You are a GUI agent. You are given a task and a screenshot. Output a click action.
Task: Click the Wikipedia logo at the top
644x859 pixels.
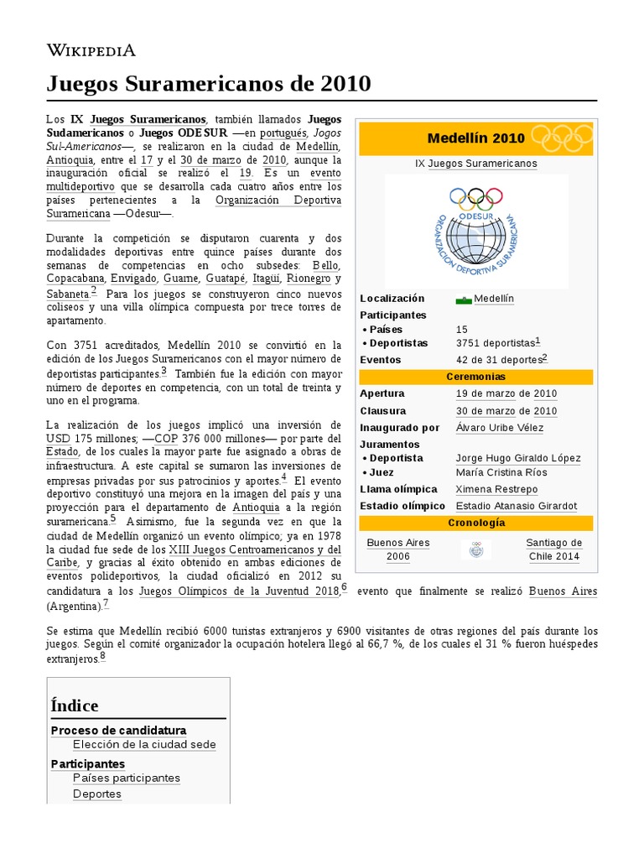pyautogui.click(x=91, y=50)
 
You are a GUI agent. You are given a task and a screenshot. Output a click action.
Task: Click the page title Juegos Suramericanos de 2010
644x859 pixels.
pyautogui.click(x=208, y=84)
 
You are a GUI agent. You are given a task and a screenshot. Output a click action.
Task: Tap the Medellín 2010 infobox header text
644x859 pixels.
pyautogui.click(x=475, y=138)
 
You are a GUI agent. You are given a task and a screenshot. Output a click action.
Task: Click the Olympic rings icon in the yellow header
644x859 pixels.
pyautogui.click(x=562, y=137)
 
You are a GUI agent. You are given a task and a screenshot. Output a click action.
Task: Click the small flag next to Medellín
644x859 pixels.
pyautogui.click(x=464, y=299)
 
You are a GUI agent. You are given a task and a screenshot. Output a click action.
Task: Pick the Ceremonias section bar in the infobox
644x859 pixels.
pyautogui.click(x=475, y=377)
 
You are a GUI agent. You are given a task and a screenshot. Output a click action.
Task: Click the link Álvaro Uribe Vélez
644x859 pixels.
pyautogui.click(x=499, y=428)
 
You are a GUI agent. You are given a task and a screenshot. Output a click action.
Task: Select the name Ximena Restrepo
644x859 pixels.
pyautogui.click(x=496, y=489)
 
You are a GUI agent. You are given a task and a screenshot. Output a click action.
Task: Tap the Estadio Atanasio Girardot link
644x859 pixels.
pyautogui.click(x=516, y=506)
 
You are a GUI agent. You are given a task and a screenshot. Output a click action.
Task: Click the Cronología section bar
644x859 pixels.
pyautogui.click(x=475, y=523)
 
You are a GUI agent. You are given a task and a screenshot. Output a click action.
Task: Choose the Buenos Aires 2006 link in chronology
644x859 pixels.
pyautogui.click(x=398, y=549)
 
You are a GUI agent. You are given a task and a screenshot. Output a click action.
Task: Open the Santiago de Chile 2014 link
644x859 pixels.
pyautogui.click(x=553, y=549)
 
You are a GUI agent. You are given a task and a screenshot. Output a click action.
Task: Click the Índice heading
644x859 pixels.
pyautogui.click(x=75, y=705)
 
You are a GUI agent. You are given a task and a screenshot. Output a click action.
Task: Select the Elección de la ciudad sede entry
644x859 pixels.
pyautogui.click(x=144, y=744)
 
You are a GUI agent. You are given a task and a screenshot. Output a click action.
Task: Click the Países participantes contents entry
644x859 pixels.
pyautogui.click(x=127, y=778)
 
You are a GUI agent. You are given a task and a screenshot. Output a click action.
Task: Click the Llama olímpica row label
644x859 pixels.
pyautogui.click(x=398, y=489)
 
